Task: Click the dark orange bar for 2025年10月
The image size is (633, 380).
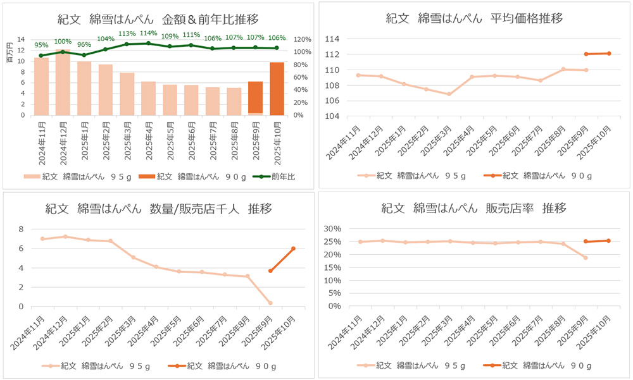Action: tap(277, 89)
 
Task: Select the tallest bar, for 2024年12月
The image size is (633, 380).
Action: tap(63, 82)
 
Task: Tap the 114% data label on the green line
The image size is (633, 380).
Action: tap(148, 34)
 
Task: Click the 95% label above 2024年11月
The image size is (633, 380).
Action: tap(41, 45)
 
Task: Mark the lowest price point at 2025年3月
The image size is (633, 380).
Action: tap(449, 94)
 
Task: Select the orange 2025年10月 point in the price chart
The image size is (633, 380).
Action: tap(609, 53)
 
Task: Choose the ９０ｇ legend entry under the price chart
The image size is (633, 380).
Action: tap(537, 176)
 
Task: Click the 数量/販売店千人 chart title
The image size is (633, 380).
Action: tap(158, 208)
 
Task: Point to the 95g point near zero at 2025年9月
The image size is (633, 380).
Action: tap(270, 303)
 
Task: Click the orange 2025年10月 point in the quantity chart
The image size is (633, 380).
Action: tap(293, 248)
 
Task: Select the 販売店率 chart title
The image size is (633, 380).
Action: tap(474, 208)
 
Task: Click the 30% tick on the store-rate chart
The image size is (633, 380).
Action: tap(332, 229)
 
